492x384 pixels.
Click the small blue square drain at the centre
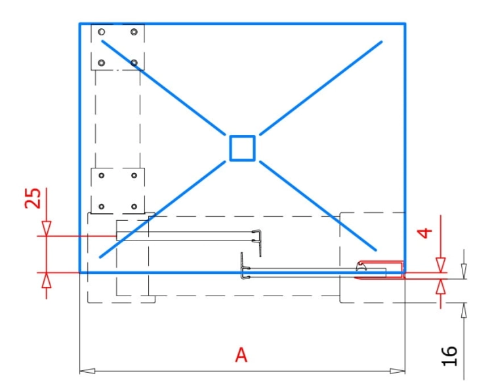click(242, 148)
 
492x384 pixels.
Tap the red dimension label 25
click(33, 198)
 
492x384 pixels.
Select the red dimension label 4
click(425, 233)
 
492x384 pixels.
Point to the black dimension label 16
click(449, 356)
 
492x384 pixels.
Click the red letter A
click(241, 355)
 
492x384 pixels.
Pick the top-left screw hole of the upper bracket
click(101, 32)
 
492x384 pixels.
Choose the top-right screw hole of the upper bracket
click(134, 32)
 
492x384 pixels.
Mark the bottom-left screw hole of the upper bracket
click(101, 63)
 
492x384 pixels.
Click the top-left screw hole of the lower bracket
click(101, 176)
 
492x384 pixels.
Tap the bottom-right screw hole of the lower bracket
click(134, 206)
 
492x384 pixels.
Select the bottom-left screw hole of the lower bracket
click(101, 206)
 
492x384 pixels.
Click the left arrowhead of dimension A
click(87, 371)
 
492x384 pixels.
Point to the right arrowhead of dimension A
click(398, 371)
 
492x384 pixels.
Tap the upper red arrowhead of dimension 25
click(47, 229)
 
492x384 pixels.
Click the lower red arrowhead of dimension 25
click(47, 280)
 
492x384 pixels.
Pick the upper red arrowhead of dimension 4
click(441, 265)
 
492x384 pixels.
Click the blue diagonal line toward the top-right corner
click(321, 88)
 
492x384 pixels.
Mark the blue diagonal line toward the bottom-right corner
click(318, 206)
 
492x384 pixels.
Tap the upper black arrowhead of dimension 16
click(464, 271)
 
